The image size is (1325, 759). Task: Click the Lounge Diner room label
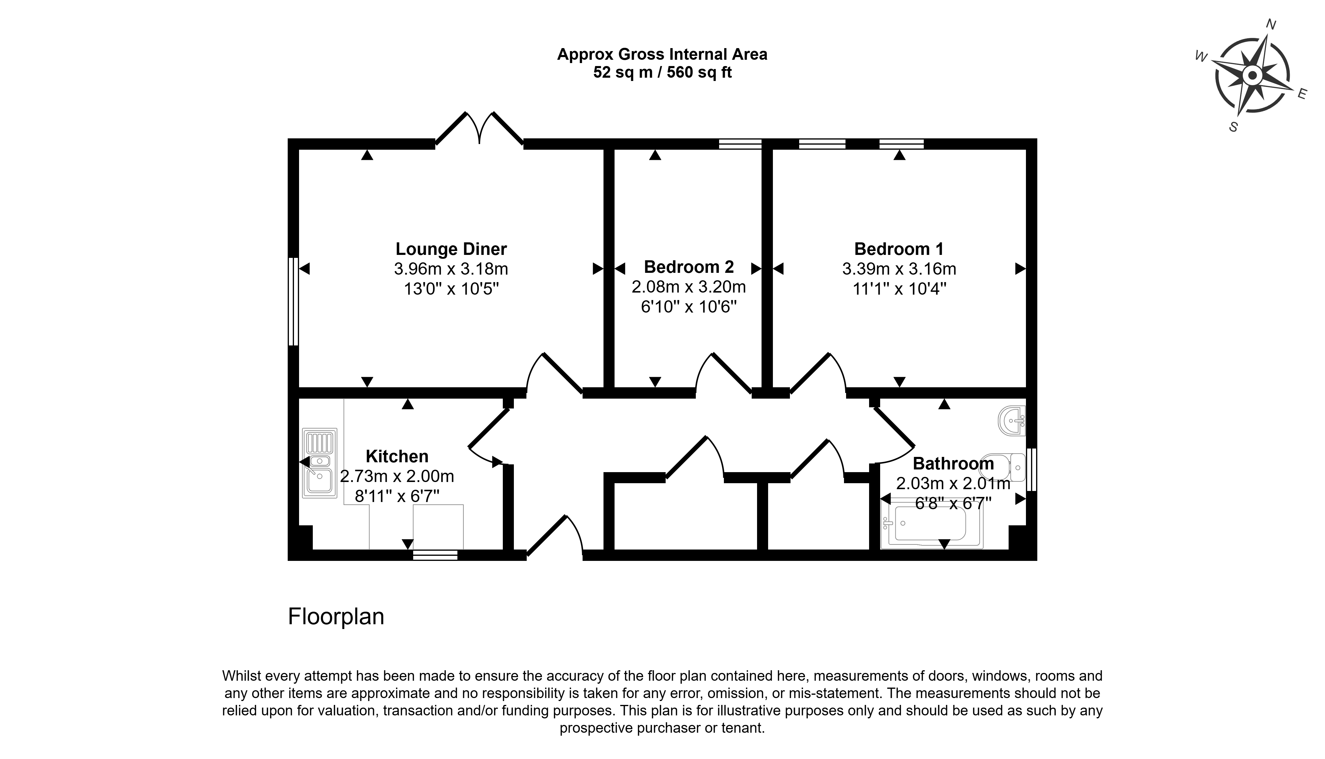451,249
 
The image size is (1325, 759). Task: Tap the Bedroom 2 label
689,267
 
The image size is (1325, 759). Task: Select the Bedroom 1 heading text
899,249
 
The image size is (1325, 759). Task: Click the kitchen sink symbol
319,463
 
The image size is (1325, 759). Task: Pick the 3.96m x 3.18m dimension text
451,269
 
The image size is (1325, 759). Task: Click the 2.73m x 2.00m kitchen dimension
397,476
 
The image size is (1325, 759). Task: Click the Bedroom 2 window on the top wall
740,144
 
